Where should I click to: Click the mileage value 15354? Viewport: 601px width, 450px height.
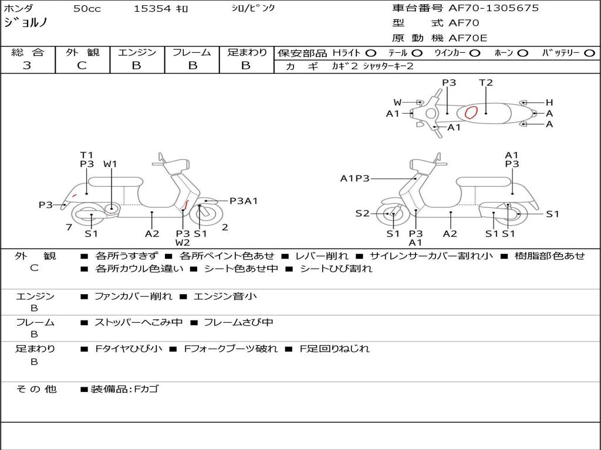click(x=152, y=9)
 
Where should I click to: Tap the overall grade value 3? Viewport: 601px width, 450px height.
click(x=27, y=66)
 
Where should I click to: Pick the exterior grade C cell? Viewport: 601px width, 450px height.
click(x=82, y=66)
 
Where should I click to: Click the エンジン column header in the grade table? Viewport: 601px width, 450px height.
click(x=137, y=53)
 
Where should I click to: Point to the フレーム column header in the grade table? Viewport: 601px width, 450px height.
click(x=191, y=53)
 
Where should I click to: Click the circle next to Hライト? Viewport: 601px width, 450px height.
click(x=371, y=53)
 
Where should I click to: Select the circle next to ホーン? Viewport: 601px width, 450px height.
click(x=522, y=53)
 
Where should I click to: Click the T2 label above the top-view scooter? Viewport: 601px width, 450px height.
click(x=486, y=83)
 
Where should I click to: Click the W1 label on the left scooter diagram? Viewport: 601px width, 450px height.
click(x=110, y=164)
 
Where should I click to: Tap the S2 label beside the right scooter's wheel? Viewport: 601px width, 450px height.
click(x=362, y=214)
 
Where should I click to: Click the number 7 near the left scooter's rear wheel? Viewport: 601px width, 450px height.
click(x=69, y=227)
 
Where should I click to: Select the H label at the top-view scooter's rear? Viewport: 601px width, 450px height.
click(x=549, y=103)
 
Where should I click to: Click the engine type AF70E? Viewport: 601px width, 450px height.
click(x=468, y=39)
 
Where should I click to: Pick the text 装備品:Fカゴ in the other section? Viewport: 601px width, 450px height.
click(x=124, y=389)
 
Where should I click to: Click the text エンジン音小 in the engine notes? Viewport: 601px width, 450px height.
click(x=222, y=296)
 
